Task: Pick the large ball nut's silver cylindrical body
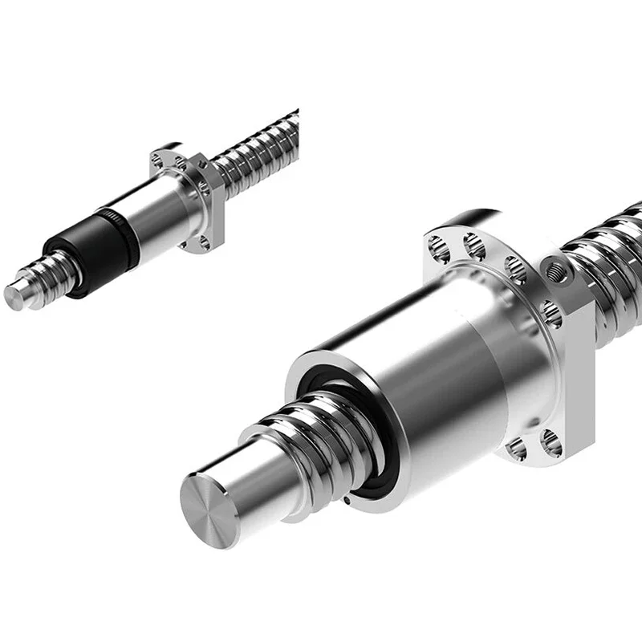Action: [433, 369]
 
